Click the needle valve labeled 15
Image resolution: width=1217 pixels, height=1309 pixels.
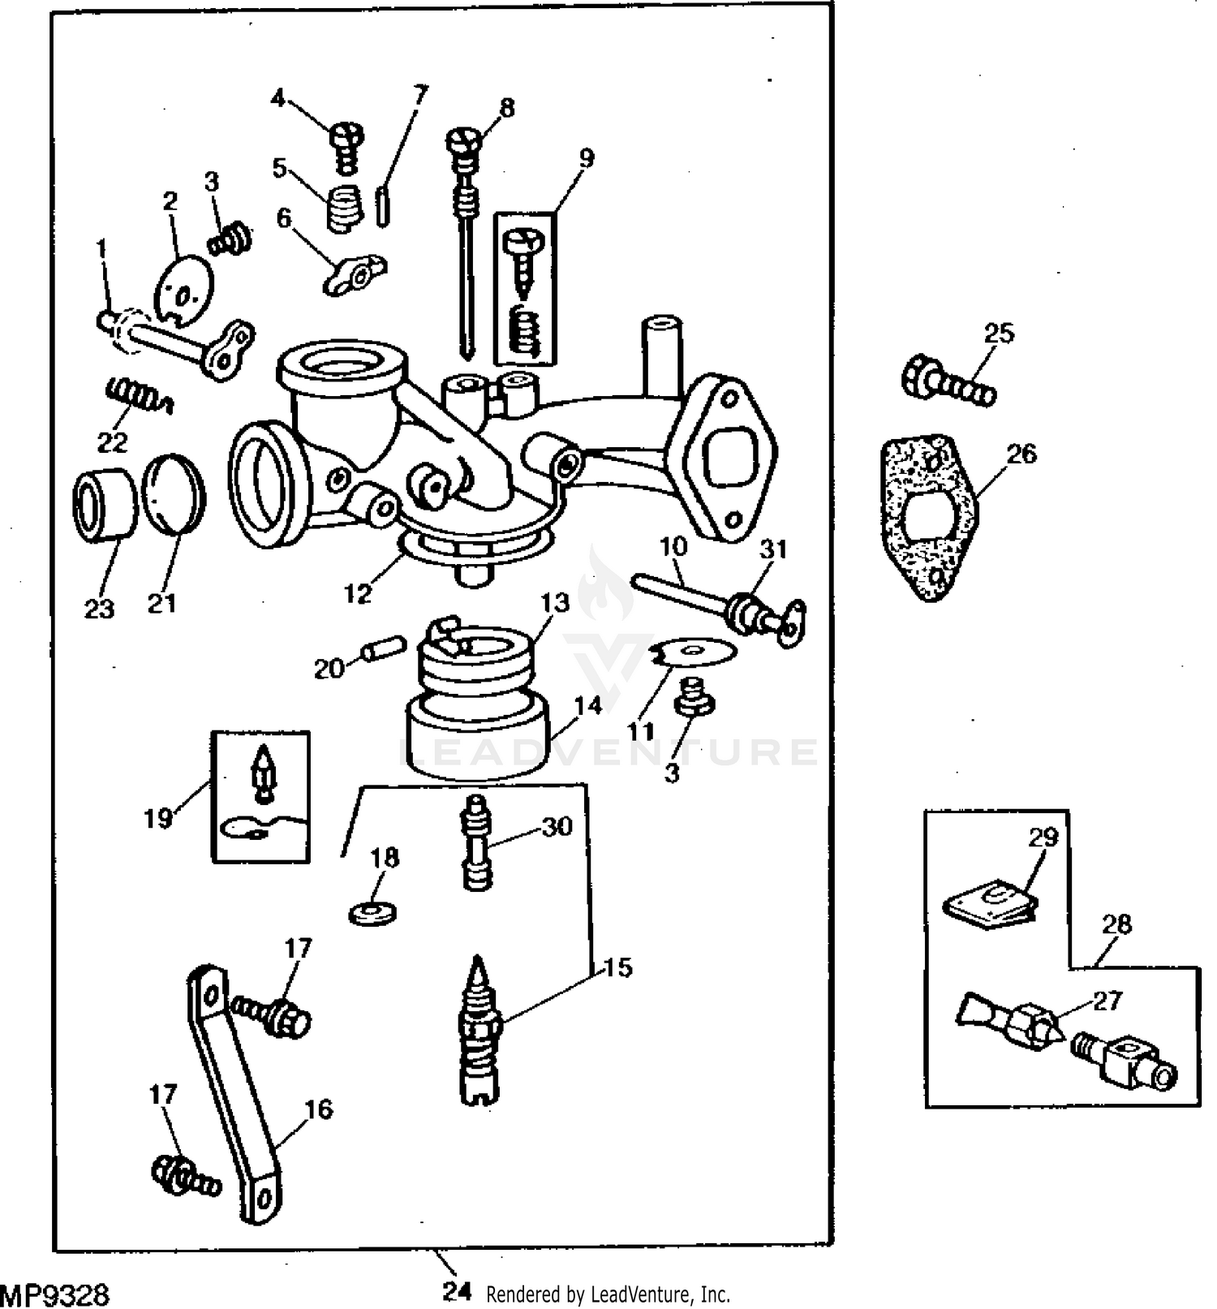pyautogui.click(x=480, y=1031)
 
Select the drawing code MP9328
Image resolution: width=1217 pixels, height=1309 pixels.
pyautogui.click(x=55, y=1294)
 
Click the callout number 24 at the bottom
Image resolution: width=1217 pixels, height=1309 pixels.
pyautogui.click(x=457, y=1292)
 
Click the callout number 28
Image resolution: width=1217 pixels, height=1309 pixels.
pyautogui.click(x=1117, y=924)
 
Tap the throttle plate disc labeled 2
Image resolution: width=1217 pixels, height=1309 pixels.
pyautogui.click(x=185, y=288)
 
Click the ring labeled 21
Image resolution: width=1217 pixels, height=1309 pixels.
pyautogui.click(x=173, y=494)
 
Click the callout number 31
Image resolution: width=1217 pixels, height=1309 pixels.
pyautogui.click(x=772, y=549)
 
